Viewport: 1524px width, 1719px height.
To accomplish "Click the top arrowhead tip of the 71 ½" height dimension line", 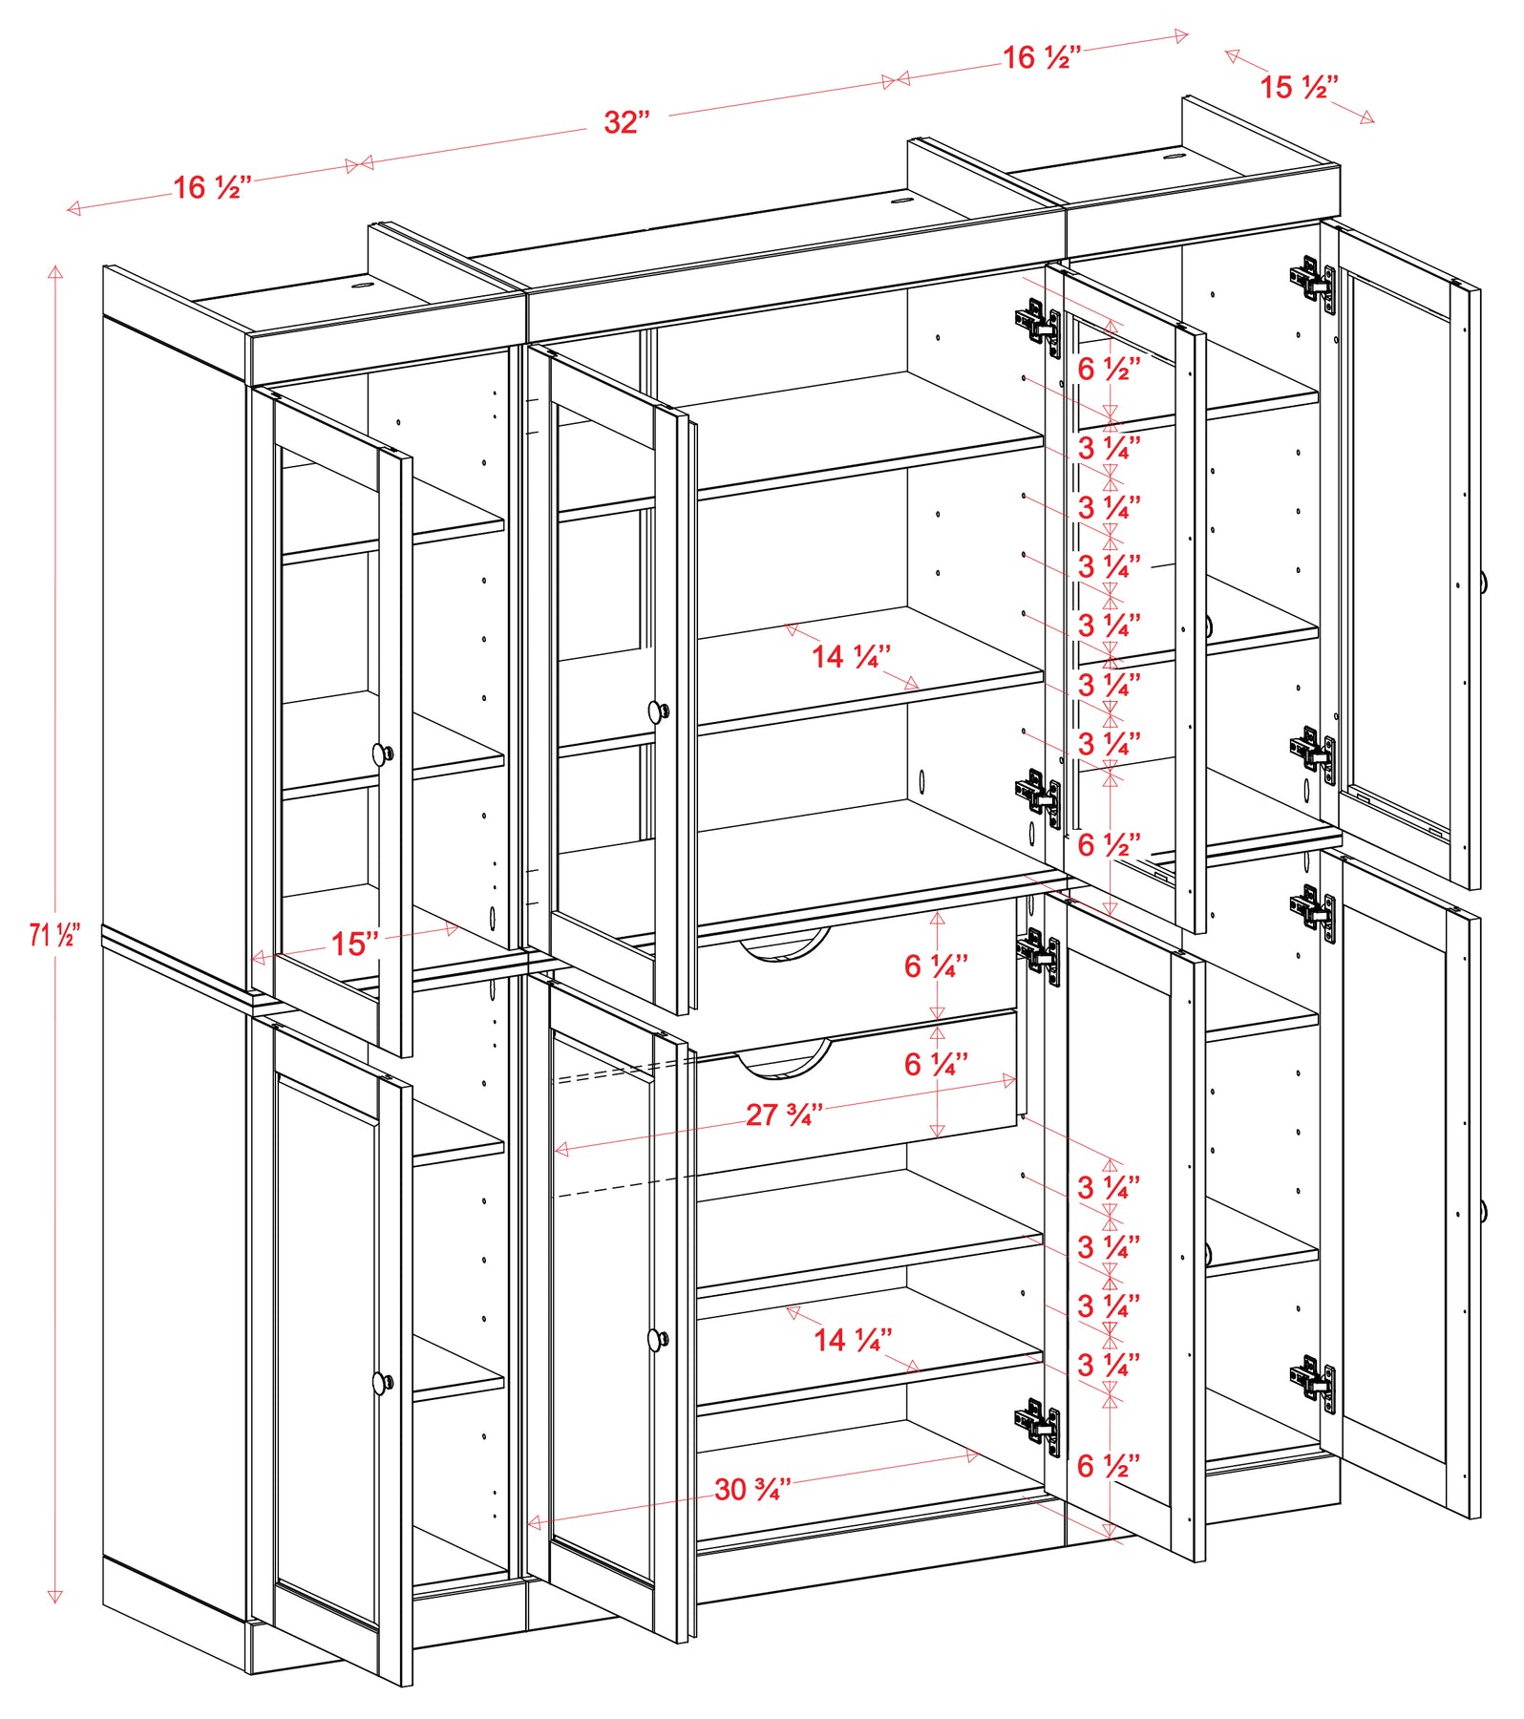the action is tap(55, 266).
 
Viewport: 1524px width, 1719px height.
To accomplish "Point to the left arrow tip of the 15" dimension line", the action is tap(251, 958).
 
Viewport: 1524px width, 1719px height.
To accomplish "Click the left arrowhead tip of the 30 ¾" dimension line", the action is tap(528, 1523).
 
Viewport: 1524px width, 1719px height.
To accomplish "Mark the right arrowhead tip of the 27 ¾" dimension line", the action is tap(1016, 1079).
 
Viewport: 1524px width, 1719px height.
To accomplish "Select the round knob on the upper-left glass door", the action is tap(383, 753).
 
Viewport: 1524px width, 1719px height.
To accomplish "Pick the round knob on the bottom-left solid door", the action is tap(383, 1381).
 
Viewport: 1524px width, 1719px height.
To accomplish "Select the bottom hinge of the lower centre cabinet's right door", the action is tap(1038, 1427).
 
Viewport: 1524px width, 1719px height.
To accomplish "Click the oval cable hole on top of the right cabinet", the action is tap(1174, 153).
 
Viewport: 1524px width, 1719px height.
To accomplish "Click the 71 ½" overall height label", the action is tap(54, 935).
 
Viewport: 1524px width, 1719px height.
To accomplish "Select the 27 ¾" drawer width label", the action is tap(784, 1114).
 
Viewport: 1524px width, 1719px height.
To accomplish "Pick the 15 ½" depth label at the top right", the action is tap(1299, 87).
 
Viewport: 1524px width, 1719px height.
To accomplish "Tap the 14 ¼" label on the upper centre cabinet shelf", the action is tap(852, 656).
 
